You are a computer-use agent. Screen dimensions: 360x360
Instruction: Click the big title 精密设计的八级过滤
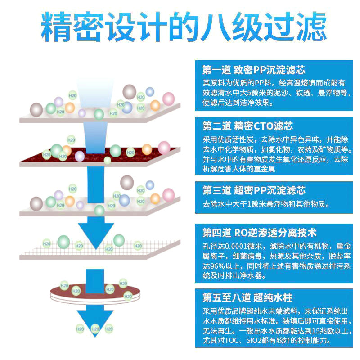(x=184, y=27)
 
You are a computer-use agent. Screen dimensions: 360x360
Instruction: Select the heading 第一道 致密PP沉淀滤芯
(x=254, y=70)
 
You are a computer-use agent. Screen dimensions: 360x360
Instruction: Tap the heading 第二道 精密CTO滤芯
(x=248, y=126)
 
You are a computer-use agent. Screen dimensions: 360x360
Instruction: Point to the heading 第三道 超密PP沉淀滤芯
(x=254, y=190)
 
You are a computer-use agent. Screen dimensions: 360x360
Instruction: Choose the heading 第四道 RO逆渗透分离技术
(x=260, y=233)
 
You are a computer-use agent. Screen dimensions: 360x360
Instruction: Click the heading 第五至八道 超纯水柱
(x=247, y=297)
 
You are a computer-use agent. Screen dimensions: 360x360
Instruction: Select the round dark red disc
(x=95, y=294)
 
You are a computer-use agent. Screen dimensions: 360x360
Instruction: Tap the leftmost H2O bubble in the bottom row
(x=80, y=329)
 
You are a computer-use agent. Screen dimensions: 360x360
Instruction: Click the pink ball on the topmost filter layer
(x=168, y=99)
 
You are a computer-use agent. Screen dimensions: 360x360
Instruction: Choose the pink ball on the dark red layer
(x=164, y=148)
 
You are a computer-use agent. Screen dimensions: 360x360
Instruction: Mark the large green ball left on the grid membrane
(x=63, y=242)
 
